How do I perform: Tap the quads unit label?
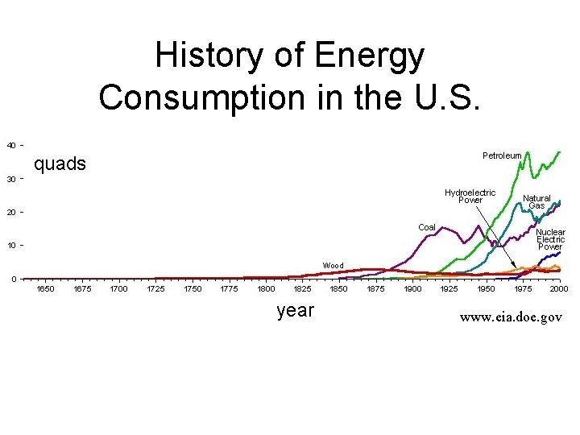(60, 164)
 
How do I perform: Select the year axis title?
(295, 310)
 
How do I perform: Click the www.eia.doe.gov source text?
(511, 317)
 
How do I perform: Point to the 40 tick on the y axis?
(11, 145)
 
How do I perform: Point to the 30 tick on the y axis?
(11, 179)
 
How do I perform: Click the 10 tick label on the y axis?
(11, 245)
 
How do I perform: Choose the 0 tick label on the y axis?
(14, 279)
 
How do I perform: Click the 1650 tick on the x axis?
(46, 288)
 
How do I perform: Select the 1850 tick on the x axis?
(339, 288)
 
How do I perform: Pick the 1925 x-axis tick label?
(449, 288)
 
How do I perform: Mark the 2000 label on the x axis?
(559, 288)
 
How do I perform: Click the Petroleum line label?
(501, 155)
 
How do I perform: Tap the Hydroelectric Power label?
(470, 197)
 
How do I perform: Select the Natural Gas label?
(536, 201)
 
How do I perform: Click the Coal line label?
(426, 227)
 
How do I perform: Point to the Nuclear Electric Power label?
(551, 239)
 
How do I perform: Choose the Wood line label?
(333, 265)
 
